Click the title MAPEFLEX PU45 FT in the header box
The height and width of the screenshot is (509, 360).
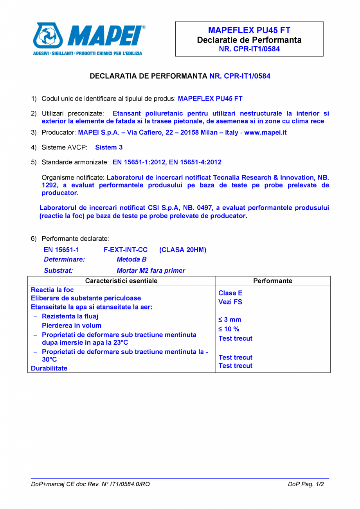pos(249,31)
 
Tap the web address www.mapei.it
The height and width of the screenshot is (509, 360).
pos(265,133)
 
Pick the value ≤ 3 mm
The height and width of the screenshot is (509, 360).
pos(230,320)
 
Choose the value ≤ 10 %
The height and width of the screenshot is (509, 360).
pos(229,329)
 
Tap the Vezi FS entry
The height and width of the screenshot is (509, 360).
pos(230,302)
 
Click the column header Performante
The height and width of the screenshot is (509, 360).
pos(273,281)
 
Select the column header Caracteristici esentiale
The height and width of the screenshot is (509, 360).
pos(121,281)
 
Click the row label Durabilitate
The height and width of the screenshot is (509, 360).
pos(49,368)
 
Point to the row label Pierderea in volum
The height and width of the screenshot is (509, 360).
pos(71,326)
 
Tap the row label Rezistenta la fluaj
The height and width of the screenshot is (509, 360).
pos(70,316)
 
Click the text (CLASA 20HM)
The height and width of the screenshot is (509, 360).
pos(183,250)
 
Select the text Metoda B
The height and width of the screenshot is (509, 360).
pos(131,259)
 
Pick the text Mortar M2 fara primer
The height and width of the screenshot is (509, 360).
pos(151,270)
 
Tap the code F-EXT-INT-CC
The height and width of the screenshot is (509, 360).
pos(125,250)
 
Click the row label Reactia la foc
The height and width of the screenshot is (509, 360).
pos(52,290)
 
